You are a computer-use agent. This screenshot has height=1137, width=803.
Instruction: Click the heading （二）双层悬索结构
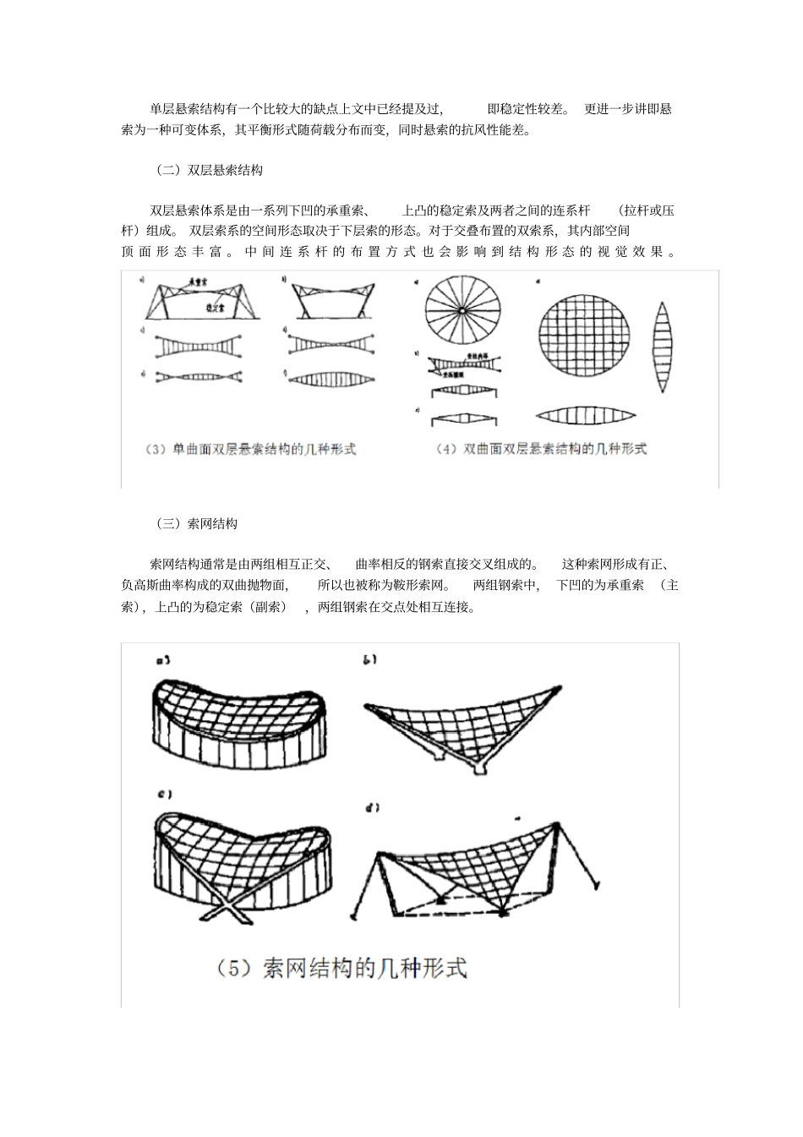210,170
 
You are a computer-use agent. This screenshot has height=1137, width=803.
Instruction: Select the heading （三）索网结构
198,523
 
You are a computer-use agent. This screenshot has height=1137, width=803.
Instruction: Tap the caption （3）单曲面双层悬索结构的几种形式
251,449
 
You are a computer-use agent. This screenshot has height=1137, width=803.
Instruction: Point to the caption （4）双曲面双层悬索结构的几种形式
542,449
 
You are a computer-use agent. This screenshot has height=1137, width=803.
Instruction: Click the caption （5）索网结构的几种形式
341,968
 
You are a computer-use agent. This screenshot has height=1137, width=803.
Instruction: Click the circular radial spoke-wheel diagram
463,310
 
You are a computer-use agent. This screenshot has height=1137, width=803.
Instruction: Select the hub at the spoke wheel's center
463,310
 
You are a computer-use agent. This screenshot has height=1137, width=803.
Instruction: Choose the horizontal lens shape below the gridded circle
585,415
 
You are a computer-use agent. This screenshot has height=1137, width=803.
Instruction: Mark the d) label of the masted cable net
371,808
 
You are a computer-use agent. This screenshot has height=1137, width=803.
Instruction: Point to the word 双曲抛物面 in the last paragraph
254,585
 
